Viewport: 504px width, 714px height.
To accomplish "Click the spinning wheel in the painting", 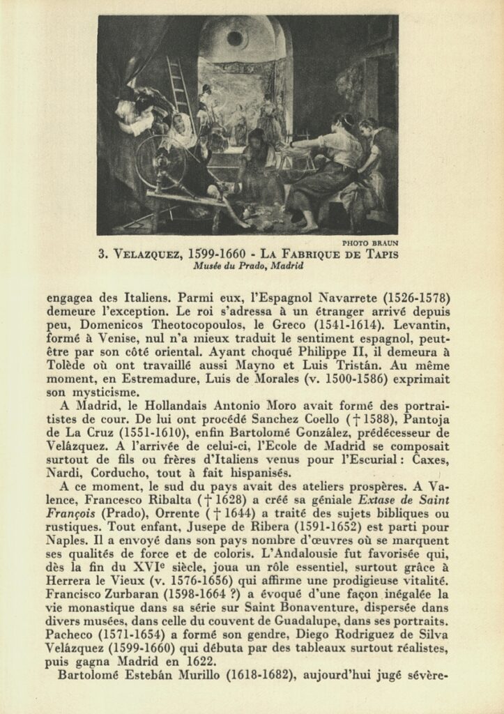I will point(160,163).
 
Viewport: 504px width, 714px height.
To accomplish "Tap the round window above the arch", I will point(236,38).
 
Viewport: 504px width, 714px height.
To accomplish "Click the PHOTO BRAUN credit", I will point(370,243).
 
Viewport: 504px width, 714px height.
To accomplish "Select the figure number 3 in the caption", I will point(102,254).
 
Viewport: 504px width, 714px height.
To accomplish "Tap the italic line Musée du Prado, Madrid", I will point(250,265).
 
